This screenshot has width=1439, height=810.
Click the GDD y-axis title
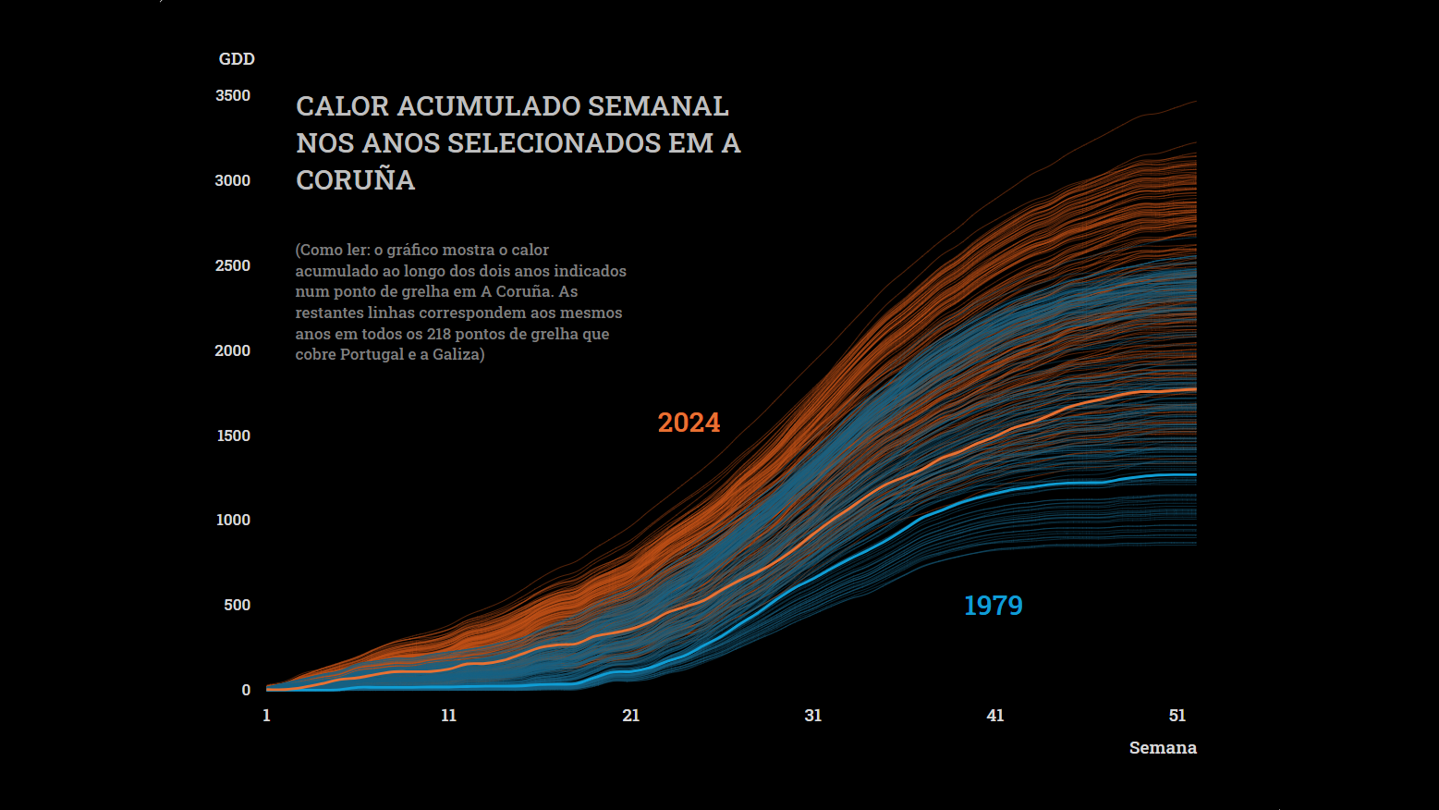[x=237, y=59]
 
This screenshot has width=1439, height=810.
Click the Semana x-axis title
[x=1162, y=748]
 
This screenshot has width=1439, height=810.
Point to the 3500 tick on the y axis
[x=233, y=96]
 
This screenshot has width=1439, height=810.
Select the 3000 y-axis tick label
[x=233, y=181]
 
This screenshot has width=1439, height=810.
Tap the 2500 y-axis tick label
[x=233, y=266]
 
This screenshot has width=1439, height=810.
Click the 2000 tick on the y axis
[x=233, y=351]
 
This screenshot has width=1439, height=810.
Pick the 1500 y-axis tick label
[x=234, y=436]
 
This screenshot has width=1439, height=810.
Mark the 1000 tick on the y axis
[x=234, y=521]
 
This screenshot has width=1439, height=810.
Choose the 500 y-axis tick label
[x=238, y=606]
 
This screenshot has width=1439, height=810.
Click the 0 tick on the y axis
[x=246, y=691]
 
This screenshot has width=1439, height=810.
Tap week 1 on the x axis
[x=266, y=716]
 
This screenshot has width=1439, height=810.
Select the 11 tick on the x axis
[x=448, y=716]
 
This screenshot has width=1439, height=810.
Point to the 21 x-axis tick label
[x=630, y=716]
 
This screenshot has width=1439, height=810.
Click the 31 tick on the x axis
[x=812, y=716]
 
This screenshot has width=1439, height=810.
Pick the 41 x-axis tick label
[x=994, y=716]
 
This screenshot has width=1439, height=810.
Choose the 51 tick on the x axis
[x=1177, y=716]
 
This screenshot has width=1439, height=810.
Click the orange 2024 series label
[x=689, y=423]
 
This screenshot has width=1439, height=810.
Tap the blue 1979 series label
[x=993, y=606]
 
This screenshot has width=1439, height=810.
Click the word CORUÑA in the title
[x=355, y=180]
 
